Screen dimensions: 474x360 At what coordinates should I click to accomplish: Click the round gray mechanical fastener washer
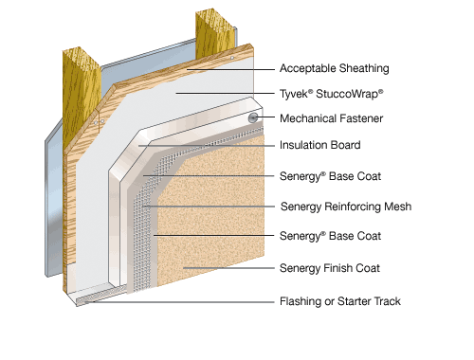coord(252,118)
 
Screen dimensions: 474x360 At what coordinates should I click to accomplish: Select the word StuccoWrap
coord(350,94)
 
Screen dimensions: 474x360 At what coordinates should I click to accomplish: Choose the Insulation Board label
coord(320,145)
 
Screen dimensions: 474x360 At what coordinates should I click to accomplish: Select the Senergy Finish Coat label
coord(330,268)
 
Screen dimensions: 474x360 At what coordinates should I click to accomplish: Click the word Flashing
coord(301,301)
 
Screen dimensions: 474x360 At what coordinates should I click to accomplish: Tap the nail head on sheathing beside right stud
coord(232,58)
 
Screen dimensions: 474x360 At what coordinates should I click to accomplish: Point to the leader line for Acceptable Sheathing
coord(230,69)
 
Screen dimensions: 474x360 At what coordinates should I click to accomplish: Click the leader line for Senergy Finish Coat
coord(228,268)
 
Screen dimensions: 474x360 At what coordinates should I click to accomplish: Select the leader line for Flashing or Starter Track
coord(179,302)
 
